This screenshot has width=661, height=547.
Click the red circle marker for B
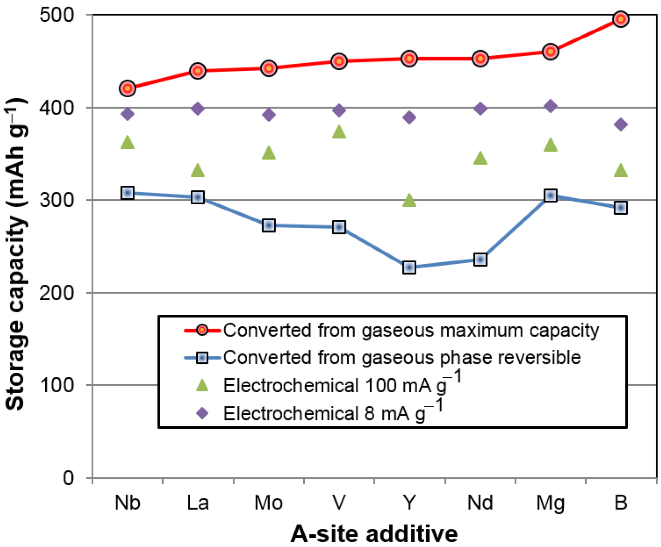click(621, 19)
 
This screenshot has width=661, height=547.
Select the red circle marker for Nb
click(127, 88)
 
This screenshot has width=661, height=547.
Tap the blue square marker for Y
click(409, 267)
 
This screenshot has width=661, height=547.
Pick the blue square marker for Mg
click(550, 195)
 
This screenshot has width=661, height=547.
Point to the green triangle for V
click(339, 132)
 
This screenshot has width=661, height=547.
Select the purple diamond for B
click(621, 124)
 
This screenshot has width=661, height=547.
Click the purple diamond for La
click(198, 108)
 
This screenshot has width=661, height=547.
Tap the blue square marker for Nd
click(480, 260)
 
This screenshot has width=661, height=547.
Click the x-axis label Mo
click(268, 503)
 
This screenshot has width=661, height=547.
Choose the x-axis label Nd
click(480, 503)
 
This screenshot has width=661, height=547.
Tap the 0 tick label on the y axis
click(68, 478)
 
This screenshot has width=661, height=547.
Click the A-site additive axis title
click(374, 534)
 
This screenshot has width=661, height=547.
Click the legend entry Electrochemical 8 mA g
click(325, 413)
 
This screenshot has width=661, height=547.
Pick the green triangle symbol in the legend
click(202, 386)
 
